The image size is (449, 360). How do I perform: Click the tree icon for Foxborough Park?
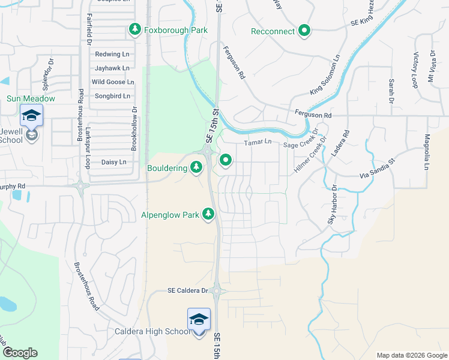135,29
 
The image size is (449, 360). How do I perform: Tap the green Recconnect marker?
304,31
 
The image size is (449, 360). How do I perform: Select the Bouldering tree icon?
196,167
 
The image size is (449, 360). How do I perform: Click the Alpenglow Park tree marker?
208,214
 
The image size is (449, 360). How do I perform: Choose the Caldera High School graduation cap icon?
199,319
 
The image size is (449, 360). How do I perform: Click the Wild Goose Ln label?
113,82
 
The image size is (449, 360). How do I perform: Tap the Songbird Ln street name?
112,96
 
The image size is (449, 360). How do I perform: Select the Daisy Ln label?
113,162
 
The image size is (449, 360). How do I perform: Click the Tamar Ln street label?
258,143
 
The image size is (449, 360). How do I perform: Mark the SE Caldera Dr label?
188,291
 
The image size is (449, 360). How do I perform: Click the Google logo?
20,352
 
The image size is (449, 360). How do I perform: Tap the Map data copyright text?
411,355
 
